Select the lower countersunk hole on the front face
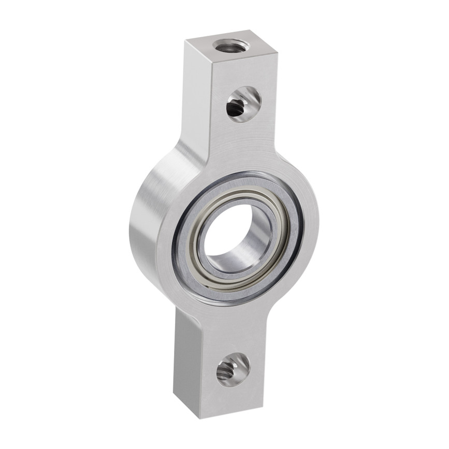pos(233,369)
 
